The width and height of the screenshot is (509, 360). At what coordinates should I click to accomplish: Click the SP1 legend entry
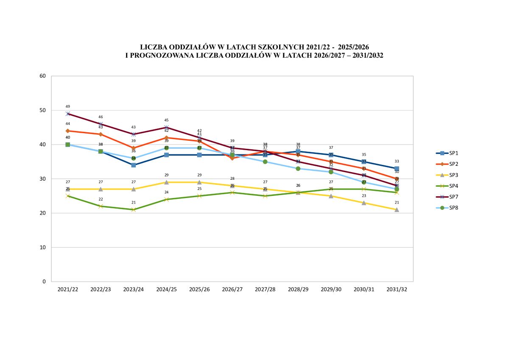tap(447, 153)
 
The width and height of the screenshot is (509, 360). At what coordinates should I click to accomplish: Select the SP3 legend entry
tap(447, 175)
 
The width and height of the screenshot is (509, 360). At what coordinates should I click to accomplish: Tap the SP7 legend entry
tap(447, 197)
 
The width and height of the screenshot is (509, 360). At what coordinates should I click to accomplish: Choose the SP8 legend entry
tap(447, 208)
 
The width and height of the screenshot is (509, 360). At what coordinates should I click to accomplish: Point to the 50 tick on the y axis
tap(43, 110)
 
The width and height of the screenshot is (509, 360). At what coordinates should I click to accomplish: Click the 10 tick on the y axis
tap(43, 247)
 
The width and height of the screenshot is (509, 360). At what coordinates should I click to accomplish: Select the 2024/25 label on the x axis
tap(166, 289)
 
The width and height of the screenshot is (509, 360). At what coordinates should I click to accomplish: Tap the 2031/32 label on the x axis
tap(397, 289)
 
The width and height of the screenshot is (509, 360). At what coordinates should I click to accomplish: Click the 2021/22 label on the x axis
tap(67, 289)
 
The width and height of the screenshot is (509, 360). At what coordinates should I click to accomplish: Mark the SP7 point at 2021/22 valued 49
tap(67, 114)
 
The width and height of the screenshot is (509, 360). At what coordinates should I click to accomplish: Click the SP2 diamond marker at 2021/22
tap(67, 131)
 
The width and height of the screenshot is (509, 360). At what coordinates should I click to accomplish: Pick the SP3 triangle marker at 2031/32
tap(397, 209)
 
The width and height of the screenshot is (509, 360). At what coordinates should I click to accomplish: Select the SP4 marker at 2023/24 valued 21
tap(133, 209)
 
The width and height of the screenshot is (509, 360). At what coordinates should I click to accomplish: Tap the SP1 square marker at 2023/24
tap(133, 165)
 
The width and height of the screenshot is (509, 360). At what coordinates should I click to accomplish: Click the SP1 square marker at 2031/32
tap(397, 168)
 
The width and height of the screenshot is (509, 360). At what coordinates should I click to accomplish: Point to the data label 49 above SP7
tap(67, 107)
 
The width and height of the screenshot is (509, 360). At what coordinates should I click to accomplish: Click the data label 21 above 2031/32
tap(397, 203)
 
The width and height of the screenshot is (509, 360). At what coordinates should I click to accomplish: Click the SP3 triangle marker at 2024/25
tap(166, 182)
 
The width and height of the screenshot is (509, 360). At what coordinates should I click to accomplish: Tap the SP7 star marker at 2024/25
tap(166, 127)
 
